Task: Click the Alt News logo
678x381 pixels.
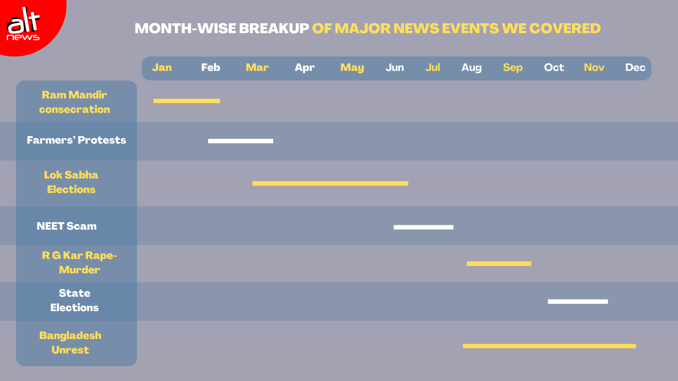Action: [23, 24]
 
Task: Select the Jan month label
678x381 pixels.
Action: [162, 67]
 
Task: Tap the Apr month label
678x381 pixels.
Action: [304, 68]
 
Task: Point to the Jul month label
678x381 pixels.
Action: [433, 67]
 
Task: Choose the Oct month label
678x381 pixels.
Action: [554, 67]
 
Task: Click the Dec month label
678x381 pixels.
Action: [635, 67]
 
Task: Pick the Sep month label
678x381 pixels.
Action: [513, 68]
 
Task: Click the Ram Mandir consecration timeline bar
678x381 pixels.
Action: [187, 101]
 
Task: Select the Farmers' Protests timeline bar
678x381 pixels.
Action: [240, 141]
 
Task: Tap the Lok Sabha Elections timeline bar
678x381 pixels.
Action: [330, 183]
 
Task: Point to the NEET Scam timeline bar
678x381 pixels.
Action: [423, 227]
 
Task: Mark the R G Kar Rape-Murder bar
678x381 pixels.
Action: [499, 264]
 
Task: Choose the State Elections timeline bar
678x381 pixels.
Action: [578, 302]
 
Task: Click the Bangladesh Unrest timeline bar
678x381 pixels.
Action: [549, 346]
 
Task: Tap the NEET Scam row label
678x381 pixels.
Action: [67, 226]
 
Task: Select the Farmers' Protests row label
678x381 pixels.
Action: [76, 140]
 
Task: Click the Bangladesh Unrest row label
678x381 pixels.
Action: [70, 343]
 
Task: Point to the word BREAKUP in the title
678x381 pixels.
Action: [274, 28]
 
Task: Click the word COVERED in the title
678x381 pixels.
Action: [565, 28]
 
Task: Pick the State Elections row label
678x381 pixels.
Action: [75, 300]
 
